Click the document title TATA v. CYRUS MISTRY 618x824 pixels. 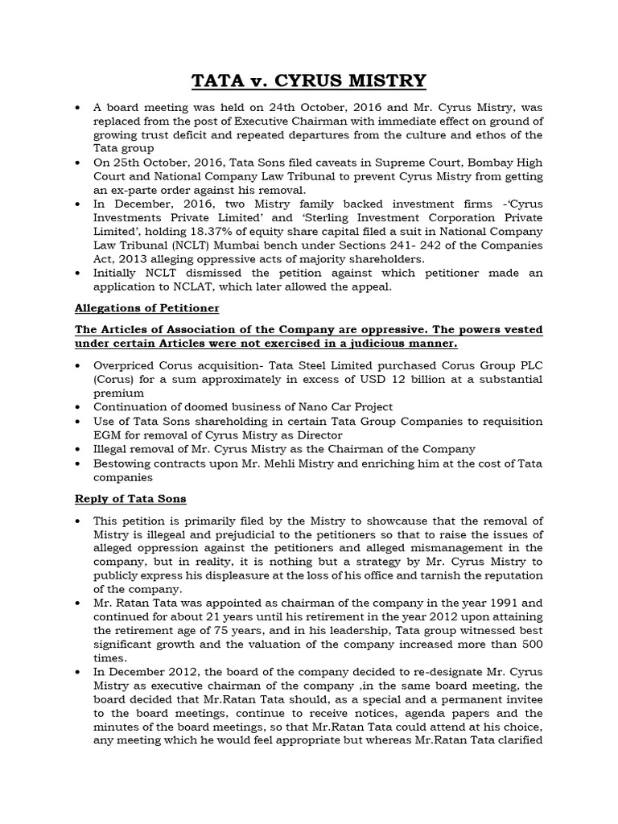(308, 81)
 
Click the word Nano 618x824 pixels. (294, 406)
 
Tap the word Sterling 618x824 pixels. (282, 218)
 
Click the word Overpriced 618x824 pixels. (127, 365)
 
